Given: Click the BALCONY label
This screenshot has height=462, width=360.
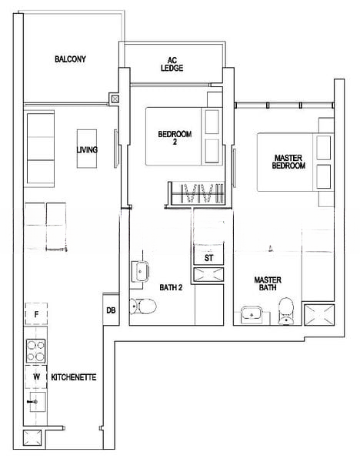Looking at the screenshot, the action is (x=70, y=59).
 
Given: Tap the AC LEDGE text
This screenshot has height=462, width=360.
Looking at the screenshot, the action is (x=172, y=64).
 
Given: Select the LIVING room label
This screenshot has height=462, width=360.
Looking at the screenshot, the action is (x=87, y=149).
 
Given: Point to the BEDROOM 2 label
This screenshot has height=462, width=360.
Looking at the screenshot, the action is (x=175, y=138).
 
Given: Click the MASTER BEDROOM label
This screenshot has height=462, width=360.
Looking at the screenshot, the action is (x=288, y=162).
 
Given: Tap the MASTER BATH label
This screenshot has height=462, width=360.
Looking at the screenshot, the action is (x=268, y=283).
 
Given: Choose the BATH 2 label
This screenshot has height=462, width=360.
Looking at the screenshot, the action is (x=171, y=287).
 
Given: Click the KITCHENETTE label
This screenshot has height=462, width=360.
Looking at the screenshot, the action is (x=74, y=377).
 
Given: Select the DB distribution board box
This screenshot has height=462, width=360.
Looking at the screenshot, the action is (x=111, y=310).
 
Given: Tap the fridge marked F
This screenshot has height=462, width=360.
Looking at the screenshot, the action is (x=36, y=314).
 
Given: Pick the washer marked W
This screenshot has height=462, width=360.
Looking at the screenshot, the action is (x=36, y=377).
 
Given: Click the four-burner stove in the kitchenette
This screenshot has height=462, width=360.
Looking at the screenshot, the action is (x=35, y=350).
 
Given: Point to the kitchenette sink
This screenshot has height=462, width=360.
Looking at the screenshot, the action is (x=37, y=402).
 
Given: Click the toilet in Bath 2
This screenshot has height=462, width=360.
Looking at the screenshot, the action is (x=143, y=306).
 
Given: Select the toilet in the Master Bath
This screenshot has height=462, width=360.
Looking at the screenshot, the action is (x=286, y=311).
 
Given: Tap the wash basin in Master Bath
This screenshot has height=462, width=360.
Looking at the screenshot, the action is (x=252, y=315).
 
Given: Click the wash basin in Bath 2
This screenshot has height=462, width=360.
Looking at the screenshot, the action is (x=140, y=271).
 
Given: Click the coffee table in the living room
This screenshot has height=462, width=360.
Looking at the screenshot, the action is (x=87, y=149).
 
